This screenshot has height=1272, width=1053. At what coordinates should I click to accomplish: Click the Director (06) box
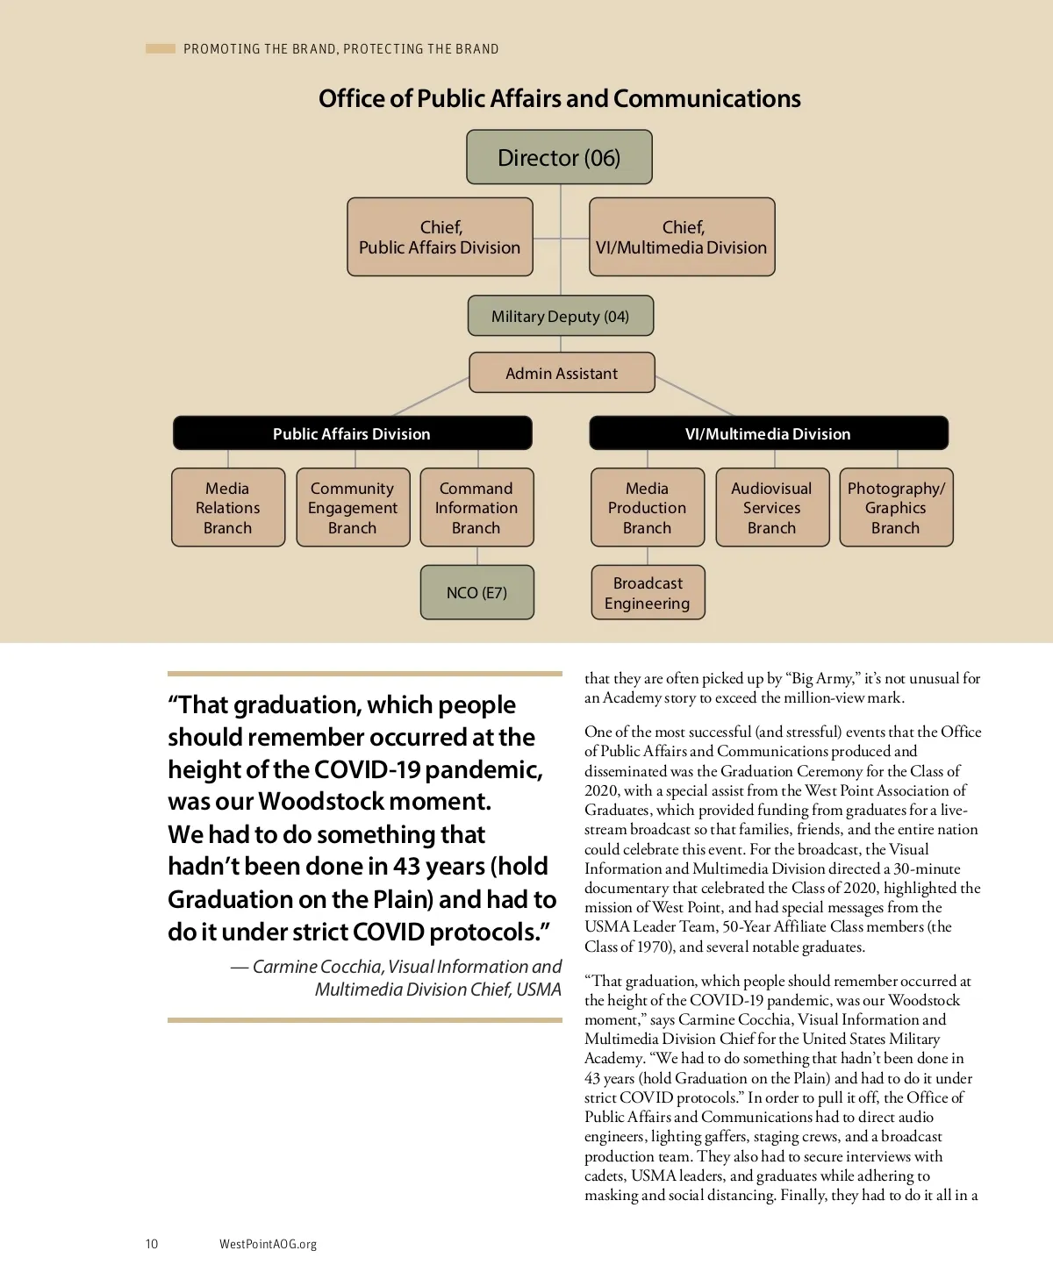[559, 158]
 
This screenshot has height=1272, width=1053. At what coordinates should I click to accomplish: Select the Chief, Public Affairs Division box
[440, 238]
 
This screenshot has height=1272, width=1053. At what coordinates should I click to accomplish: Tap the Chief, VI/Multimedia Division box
[682, 238]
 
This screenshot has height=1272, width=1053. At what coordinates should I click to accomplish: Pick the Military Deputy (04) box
[560, 317]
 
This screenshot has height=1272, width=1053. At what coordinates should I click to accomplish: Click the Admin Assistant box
[562, 373]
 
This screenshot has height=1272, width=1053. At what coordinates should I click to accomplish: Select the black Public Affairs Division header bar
[352, 433]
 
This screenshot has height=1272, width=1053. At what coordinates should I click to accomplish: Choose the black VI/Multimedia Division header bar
[768, 433]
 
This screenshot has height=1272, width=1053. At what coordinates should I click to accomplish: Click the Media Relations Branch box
[228, 508]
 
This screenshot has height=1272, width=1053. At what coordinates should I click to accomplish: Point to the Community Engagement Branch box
[353, 508]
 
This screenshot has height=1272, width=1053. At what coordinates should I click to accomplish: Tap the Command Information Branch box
[476, 508]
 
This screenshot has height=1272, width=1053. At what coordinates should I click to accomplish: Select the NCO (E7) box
[476, 593]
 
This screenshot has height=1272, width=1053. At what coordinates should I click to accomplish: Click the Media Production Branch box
[648, 508]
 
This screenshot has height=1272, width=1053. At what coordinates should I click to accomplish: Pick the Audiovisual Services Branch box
[772, 508]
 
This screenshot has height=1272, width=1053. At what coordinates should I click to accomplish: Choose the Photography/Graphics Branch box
[896, 508]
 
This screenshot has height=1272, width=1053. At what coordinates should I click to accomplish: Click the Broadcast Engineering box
[648, 593]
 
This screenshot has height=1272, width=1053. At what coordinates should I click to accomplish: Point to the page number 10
[152, 1244]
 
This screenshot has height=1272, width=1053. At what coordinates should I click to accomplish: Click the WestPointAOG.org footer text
[268, 1244]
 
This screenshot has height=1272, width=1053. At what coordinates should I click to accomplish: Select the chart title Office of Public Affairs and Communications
[559, 98]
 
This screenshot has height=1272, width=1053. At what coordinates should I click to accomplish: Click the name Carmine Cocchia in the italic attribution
[317, 967]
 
